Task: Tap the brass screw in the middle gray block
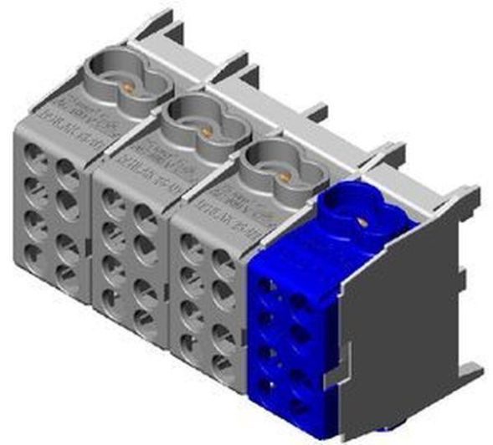click(x=203, y=132)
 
